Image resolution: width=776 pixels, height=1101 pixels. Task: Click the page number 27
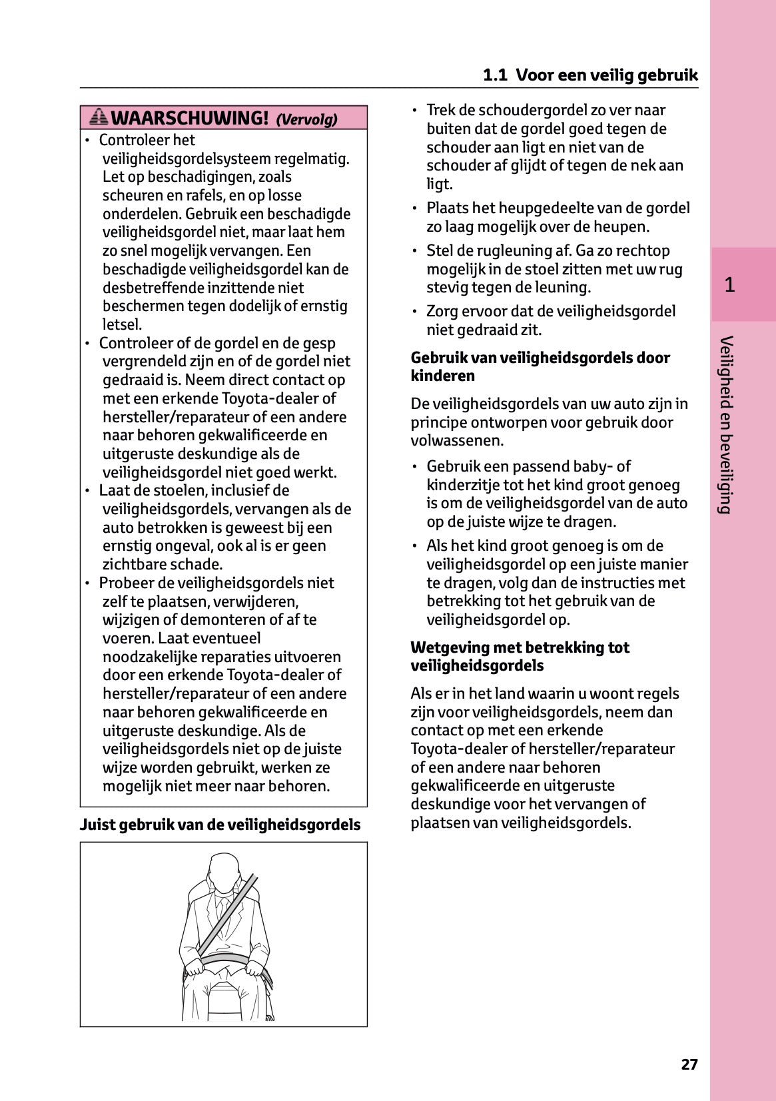point(689,1064)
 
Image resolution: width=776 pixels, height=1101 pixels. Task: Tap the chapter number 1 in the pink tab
point(729,285)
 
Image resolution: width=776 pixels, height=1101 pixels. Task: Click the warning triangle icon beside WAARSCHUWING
point(99,118)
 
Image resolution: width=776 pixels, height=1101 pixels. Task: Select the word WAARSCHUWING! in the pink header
point(190,119)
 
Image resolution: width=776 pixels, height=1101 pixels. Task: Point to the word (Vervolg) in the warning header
point(306,120)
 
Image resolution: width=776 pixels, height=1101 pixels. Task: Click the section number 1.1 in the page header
point(495,75)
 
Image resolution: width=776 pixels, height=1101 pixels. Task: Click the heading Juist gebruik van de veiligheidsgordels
point(220,825)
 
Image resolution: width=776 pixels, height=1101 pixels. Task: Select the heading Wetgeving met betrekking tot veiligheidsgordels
point(520,656)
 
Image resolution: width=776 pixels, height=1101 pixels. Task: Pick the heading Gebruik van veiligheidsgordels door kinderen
point(540,366)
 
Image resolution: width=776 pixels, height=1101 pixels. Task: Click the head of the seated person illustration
point(222,872)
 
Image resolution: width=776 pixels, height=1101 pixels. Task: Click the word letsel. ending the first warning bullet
point(123,324)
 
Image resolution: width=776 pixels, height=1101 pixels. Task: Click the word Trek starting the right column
point(440,111)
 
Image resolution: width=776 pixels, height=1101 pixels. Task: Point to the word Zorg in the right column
point(441,312)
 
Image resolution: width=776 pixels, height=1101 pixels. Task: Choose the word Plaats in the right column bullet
point(447,208)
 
